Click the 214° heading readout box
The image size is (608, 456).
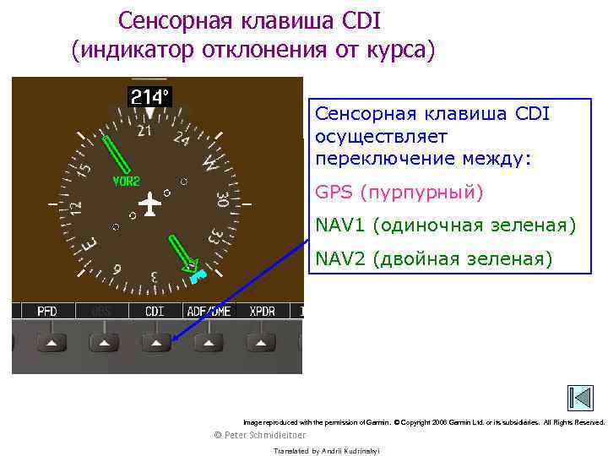149,96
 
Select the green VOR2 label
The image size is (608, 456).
126,182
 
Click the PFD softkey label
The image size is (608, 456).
47,312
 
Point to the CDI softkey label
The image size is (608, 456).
155,312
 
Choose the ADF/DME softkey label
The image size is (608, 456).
208,312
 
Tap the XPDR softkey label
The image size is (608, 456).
262,312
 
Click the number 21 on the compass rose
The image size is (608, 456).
144,131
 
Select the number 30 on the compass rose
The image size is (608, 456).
222,200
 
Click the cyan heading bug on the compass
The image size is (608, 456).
198,275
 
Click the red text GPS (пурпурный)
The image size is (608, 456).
399,193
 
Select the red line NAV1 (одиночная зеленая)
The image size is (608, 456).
445,225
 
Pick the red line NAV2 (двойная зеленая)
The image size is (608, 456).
434,258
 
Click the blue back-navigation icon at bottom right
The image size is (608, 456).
580,399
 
